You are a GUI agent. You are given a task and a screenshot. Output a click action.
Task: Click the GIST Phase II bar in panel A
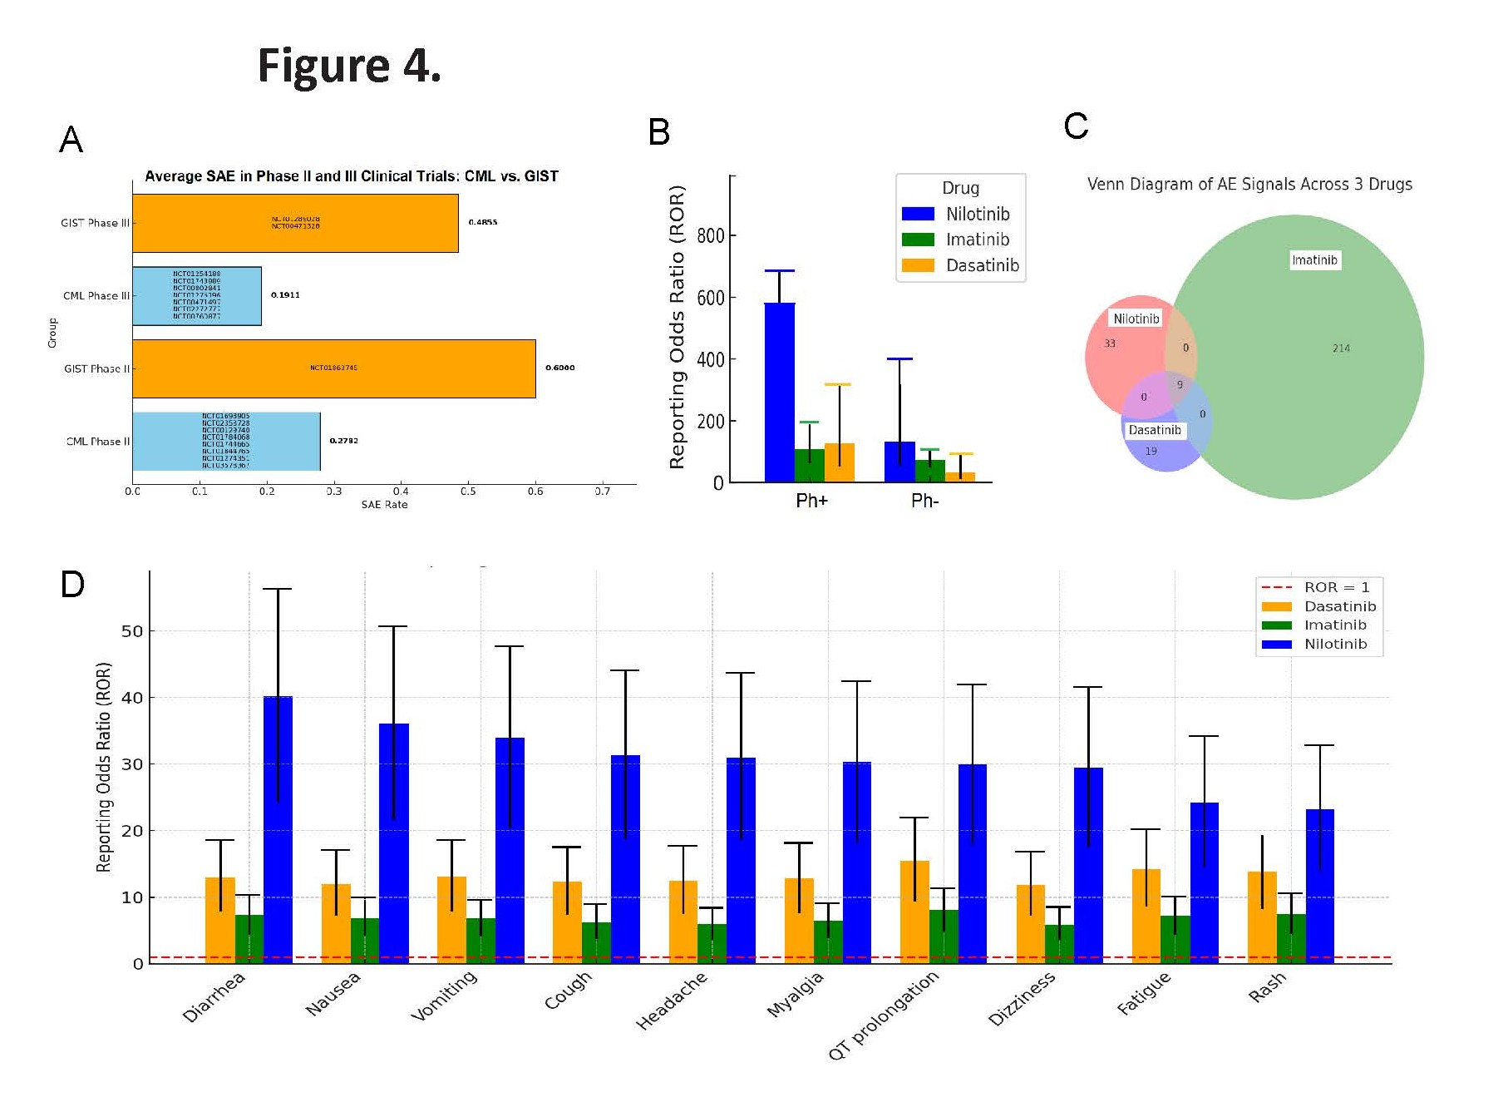333,368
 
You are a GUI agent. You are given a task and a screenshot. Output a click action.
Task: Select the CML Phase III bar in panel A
197,295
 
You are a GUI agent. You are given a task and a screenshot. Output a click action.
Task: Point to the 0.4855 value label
482,222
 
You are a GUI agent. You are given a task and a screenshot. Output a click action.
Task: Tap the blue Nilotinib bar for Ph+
779,393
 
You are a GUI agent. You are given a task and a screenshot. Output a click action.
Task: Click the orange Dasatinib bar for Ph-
960,477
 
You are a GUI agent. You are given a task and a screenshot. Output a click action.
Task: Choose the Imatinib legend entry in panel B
977,240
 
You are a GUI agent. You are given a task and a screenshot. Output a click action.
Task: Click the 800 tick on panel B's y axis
710,235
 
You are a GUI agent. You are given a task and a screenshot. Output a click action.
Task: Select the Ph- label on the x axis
924,501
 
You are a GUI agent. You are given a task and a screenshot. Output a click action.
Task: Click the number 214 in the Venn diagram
1341,348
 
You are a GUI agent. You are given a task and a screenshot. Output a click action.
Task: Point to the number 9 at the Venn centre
1179,385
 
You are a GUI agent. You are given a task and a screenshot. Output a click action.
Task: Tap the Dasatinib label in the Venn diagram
1154,430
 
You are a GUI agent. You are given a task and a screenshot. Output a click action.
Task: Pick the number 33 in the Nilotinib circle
1109,343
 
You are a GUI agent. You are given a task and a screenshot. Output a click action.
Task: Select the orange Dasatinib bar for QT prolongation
914,912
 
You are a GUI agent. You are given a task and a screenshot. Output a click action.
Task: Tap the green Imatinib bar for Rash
1290,938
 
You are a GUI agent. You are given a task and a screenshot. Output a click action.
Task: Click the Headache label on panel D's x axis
673,1001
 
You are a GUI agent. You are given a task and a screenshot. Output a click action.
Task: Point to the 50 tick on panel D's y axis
131,631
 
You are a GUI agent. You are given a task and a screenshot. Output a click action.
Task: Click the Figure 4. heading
349,66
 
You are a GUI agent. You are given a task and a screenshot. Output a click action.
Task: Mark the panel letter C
1076,126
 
